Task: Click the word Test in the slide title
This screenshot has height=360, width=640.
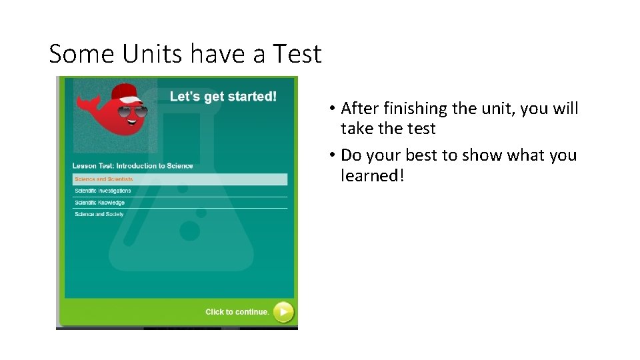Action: [x=296, y=53]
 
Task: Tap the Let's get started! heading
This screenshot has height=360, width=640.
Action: [x=223, y=97]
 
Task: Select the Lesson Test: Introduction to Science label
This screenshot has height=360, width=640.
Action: [x=133, y=166]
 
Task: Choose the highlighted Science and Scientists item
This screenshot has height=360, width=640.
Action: [x=104, y=179]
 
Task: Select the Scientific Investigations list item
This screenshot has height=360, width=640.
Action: [x=103, y=191]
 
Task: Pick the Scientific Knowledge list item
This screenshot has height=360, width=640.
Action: [x=99, y=203]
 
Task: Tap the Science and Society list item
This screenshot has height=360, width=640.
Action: [x=99, y=215]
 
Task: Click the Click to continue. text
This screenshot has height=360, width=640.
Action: [x=237, y=311]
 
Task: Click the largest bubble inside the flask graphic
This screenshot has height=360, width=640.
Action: [x=190, y=231]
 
